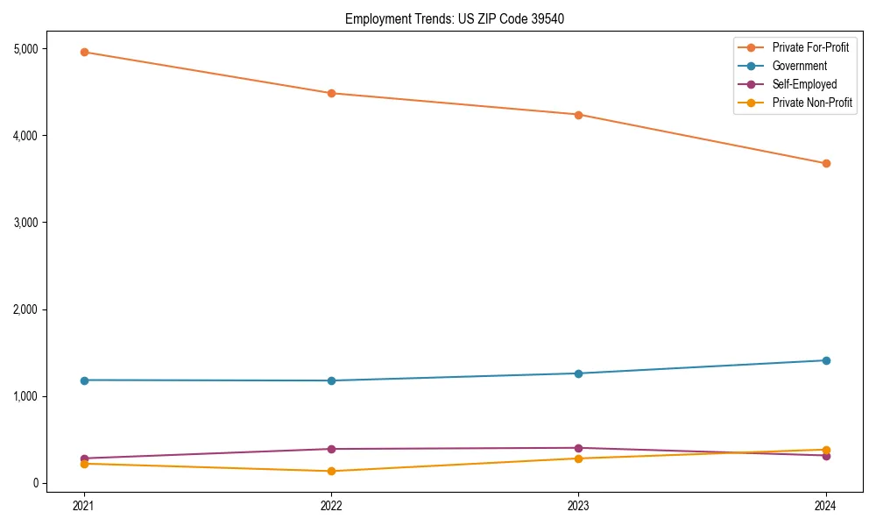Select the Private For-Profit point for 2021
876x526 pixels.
(x=84, y=52)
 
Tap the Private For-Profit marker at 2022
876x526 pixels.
(x=331, y=93)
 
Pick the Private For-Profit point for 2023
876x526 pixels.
(x=578, y=115)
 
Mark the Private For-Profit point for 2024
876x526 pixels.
(x=826, y=163)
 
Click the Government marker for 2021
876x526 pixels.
(x=84, y=380)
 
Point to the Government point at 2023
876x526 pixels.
(x=578, y=373)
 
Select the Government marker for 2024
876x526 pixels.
(x=826, y=360)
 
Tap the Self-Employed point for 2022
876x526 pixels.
(x=331, y=449)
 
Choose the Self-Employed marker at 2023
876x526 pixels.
(x=578, y=448)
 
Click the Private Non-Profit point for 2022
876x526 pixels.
(x=331, y=471)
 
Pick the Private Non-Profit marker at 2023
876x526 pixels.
(x=578, y=458)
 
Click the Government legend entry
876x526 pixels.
(x=799, y=66)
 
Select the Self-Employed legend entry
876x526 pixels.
(x=804, y=84)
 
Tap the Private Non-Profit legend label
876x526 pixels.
(x=812, y=103)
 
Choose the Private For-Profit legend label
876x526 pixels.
(x=810, y=47)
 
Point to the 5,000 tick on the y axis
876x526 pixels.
(x=27, y=48)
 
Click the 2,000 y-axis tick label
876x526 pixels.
(x=27, y=309)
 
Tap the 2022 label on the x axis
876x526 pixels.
(x=331, y=505)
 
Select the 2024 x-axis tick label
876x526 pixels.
(x=826, y=505)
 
